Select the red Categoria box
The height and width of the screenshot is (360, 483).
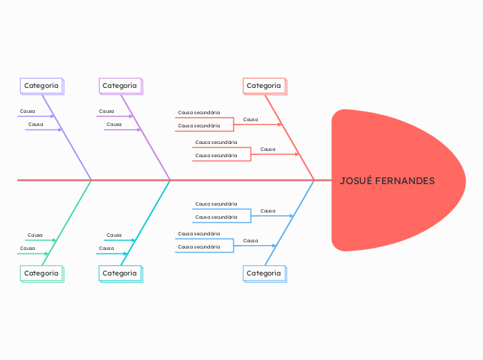tap(264, 86)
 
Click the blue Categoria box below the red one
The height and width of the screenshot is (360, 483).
tap(264, 273)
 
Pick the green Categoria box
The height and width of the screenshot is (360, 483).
tap(42, 273)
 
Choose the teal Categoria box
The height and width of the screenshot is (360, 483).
tap(120, 273)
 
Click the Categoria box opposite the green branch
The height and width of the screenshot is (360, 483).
tap(42, 86)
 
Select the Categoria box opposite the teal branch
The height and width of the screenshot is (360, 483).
tap(120, 86)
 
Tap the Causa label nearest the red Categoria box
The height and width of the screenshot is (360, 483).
tap(250, 120)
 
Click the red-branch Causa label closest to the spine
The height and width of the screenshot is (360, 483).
tap(267, 150)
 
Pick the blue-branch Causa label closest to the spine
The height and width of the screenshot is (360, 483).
tap(267, 210)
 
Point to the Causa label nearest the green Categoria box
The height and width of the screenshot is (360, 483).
tap(28, 248)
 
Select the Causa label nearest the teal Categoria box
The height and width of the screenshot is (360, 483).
tap(106, 248)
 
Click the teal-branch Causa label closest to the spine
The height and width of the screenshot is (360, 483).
tap(114, 235)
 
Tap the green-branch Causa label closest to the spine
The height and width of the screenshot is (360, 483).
tap(35, 235)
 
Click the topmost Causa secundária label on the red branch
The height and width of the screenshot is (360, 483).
tap(199, 112)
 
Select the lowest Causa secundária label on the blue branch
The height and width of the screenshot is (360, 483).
tap(199, 247)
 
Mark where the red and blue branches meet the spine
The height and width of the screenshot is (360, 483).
tap(314, 180)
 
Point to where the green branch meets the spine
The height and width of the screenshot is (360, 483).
tap(91, 180)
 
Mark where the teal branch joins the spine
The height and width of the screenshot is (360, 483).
tap(170, 180)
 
